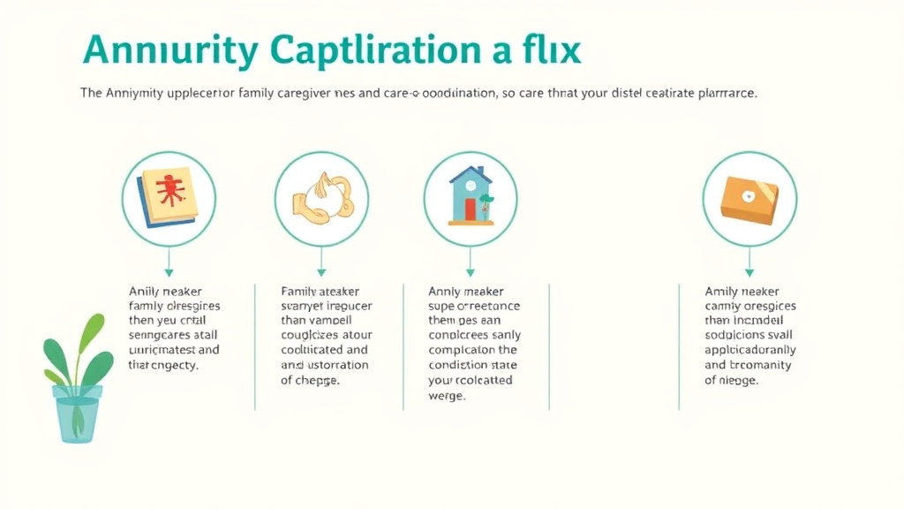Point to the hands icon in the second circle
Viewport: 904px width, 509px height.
point(321,198)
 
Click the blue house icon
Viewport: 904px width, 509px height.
point(470,196)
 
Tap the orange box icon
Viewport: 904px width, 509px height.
point(749,198)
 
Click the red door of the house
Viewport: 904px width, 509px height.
point(470,209)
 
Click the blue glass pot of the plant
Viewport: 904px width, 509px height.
point(78,413)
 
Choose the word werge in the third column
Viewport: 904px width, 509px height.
point(447,397)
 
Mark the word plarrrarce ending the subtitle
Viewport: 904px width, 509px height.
point(724,93)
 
